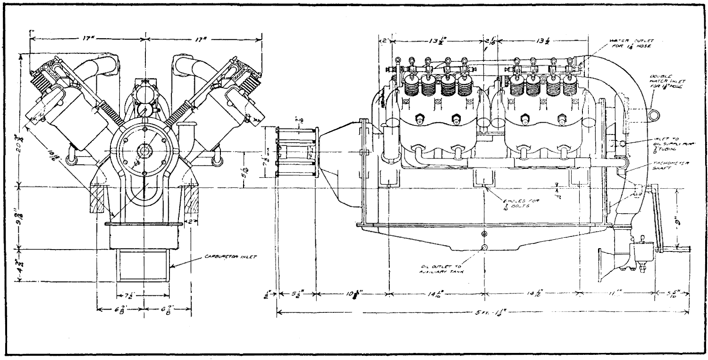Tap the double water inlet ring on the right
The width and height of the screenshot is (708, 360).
(x=654, y=113)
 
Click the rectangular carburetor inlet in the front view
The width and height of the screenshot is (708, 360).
(x=144, y=267)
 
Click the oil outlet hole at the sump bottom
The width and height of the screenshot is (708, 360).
(x=484, y=247)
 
